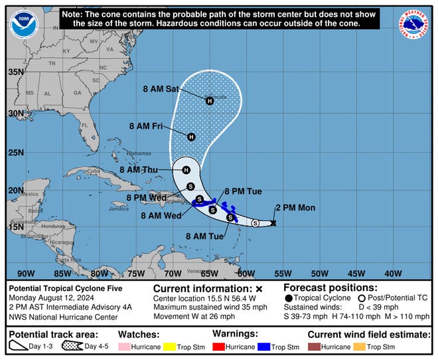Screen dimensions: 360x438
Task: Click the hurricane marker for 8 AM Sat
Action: point(210,101)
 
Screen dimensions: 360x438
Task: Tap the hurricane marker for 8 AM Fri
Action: point(191,137)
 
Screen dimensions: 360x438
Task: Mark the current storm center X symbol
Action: point(273,223)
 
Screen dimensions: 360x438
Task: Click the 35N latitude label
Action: point(16,72)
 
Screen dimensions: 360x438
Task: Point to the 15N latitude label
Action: point(16,227)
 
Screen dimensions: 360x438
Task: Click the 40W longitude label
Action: point(393,272)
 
